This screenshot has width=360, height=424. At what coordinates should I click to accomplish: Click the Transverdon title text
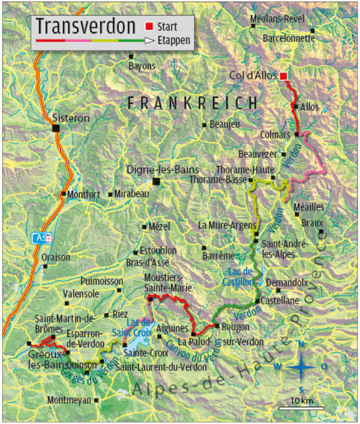(x=85, y=26)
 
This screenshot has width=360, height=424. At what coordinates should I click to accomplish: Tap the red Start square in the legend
(x=149, y=26)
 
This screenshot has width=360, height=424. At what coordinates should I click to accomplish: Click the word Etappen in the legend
(x=174, y=41)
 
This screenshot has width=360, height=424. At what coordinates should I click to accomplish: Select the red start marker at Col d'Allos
(x=284, y=76)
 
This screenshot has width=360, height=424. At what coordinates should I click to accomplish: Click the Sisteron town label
(x=71, y=118)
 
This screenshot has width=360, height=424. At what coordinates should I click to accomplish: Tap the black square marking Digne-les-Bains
(x=156, y=181)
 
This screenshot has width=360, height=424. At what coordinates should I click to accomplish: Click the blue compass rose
(x=302, y=366)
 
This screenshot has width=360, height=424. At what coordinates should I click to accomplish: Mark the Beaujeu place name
(x=225, y=124)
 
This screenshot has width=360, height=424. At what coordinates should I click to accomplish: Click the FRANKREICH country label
(x=192, y=103)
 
